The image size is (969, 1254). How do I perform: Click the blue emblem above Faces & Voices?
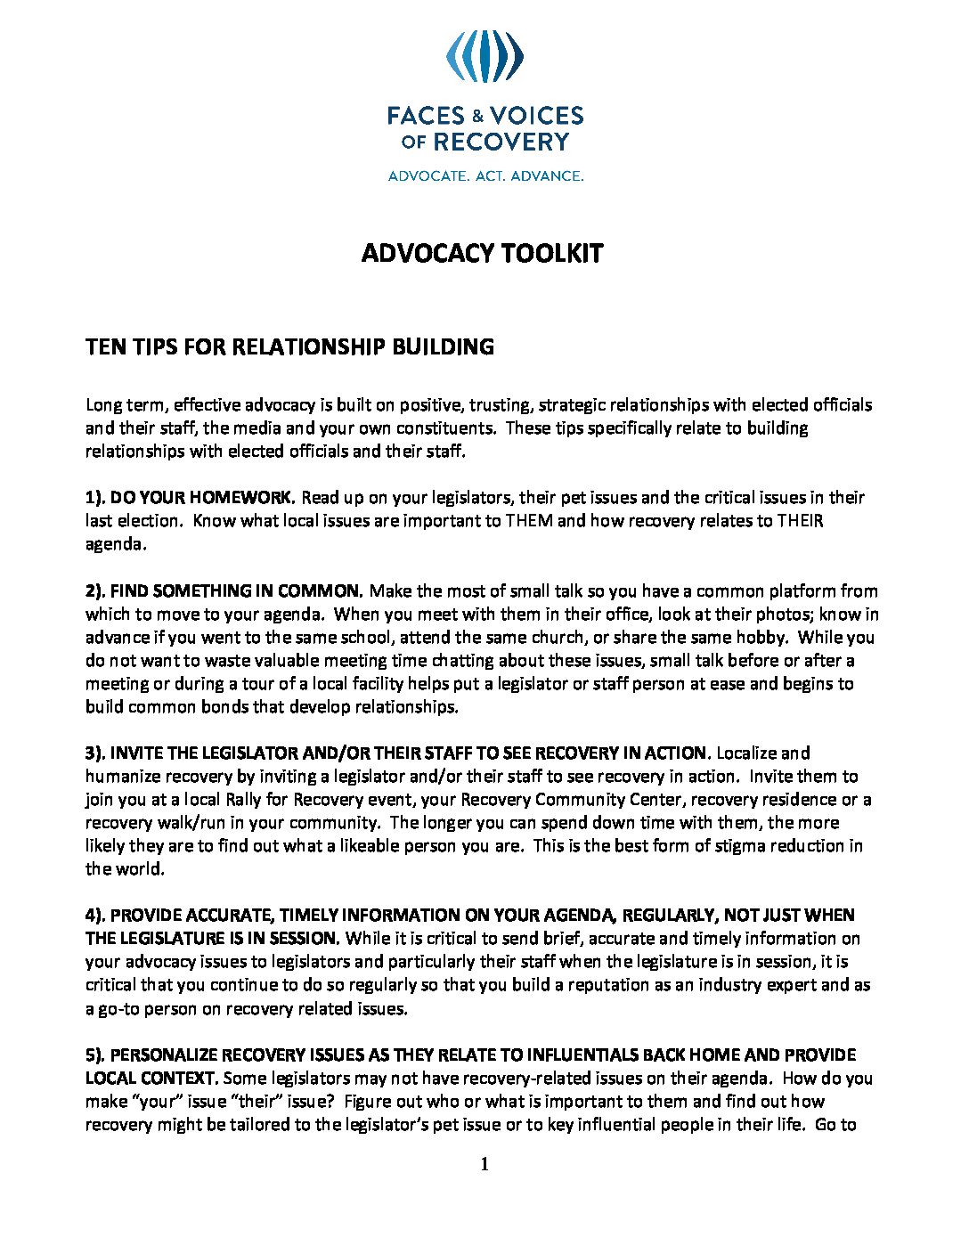484,56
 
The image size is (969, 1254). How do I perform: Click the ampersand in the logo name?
477,116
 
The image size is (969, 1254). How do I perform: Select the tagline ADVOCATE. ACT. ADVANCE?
485,176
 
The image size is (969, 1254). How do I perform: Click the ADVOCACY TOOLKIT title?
482,254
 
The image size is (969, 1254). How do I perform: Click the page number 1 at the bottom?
484,1164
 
